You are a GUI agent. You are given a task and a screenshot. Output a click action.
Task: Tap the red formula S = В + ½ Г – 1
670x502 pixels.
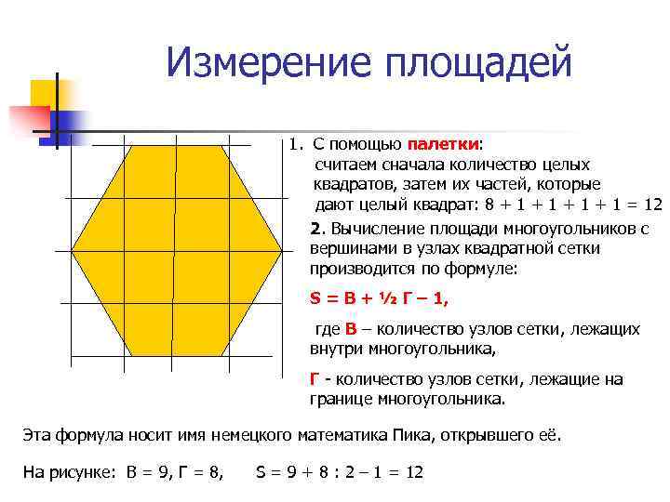point(379,299)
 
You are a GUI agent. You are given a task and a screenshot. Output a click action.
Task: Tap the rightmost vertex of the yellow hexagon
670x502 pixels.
point(282,251)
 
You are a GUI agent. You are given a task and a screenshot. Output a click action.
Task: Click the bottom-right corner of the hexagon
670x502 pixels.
point(221,356)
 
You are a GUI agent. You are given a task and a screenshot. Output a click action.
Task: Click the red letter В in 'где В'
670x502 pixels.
point(351,330)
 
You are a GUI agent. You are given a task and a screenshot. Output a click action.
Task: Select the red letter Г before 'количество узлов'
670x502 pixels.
point(315,380)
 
